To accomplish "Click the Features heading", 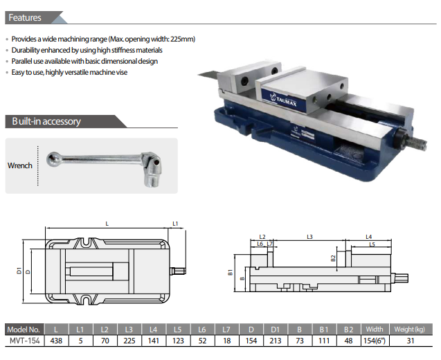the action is (25, 17).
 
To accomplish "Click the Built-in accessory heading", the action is (46, 121).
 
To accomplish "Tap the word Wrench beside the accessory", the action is (19, 165).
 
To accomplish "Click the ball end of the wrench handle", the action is (53, 159).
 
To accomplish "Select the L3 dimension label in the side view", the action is (309, 237).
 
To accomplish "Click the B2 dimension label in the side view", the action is (333, 258).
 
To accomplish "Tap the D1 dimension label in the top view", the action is (19, 271).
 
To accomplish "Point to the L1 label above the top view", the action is (175, 224).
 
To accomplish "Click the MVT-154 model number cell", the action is (25, 341).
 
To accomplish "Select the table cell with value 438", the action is (56, 341).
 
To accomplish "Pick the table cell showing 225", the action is (129, 341).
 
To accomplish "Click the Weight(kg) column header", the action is (410, 329).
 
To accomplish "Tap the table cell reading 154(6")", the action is (375, 341).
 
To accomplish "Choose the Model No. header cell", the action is (24, 330).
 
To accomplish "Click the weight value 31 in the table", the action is (411, 341).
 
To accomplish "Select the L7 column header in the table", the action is (226, 330).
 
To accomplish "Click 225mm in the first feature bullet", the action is (183, 39).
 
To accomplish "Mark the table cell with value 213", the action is (276, 341).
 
